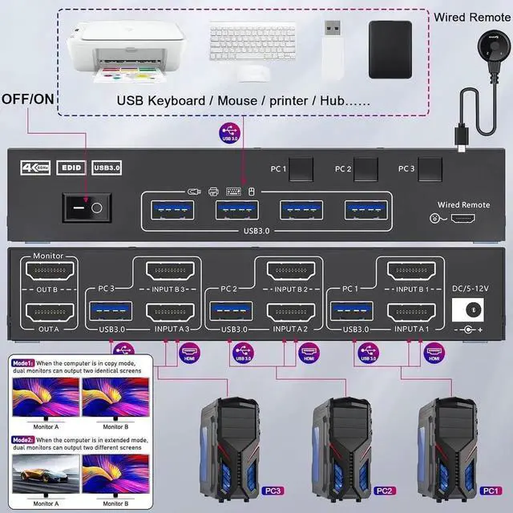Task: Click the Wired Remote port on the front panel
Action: click(x=461, y=218)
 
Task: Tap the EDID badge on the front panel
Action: click(x=70, y=168)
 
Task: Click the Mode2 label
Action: click(x=22, y=440)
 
